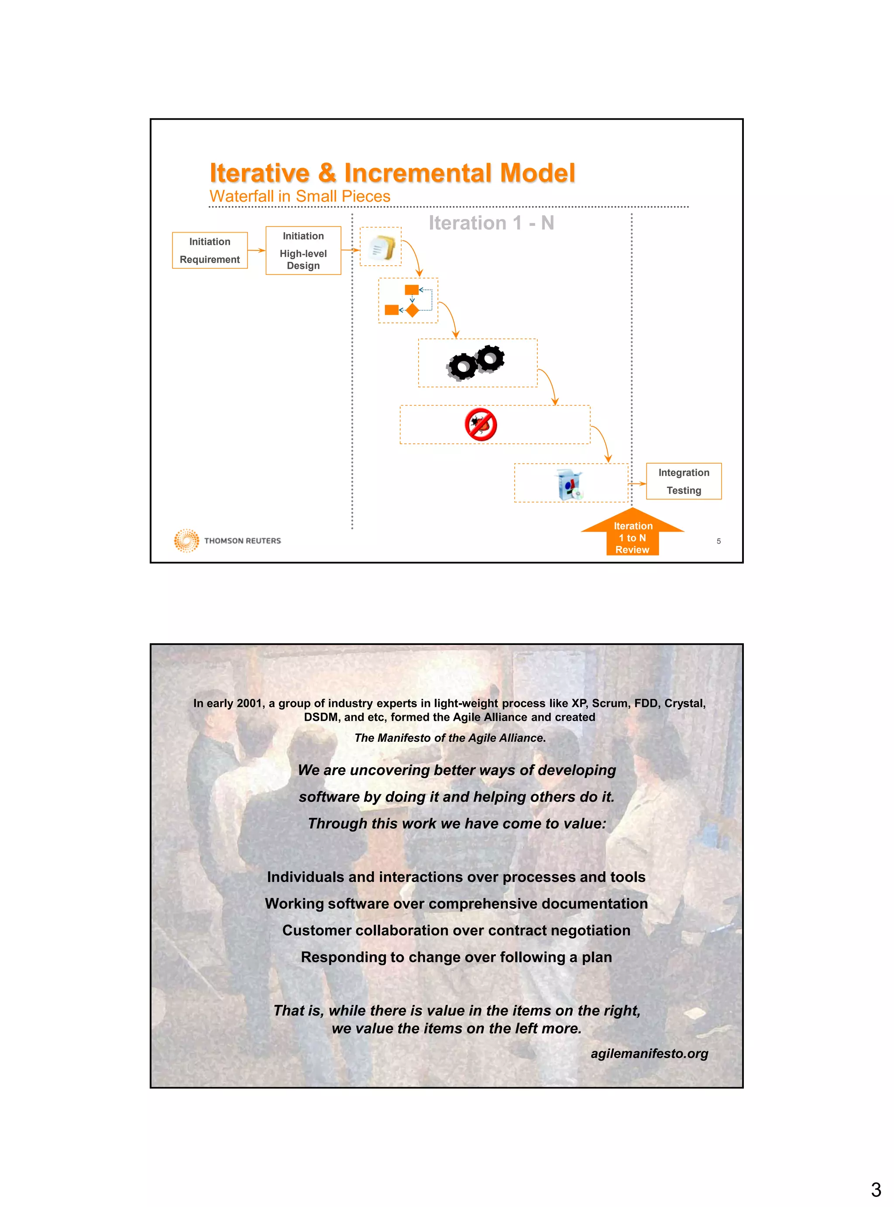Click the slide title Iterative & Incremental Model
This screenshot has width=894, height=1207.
pyautogui.click(x=392, y=173)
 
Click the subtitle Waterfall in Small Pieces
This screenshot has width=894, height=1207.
pyautogui.click(x=300, y=196)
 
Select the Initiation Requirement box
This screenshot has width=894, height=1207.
pyautogui.click(x=210, y=250)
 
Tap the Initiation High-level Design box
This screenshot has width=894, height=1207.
pyautogui.click(x=303, y=250)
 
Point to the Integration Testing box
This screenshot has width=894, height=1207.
pyautogui.click(x=684, y=481)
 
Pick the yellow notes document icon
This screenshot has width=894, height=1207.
pyautogui.click(x=382, y=248)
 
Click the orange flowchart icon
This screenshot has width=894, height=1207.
pyautogui.click(x=409, y=301)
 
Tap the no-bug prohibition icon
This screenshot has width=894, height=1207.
pyautogui.click(x=481, y=425)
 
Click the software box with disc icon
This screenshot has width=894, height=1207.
pyautogui.click(x=570, y=483)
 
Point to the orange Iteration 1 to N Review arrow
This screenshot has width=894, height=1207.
pyautogui.click(x=632, y=533)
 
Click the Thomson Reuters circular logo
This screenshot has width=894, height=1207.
pyautogui.click(x=186, y=541)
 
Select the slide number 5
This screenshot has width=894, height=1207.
pyautogui.click(x=719, y=541)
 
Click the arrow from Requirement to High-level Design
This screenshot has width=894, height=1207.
pyautogui.click(x=257, y=250)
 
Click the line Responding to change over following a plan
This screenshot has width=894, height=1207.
pyautogui.click(x=456, y=957)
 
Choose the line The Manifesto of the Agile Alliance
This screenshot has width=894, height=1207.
pyautogui.click(x=450, y=738)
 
